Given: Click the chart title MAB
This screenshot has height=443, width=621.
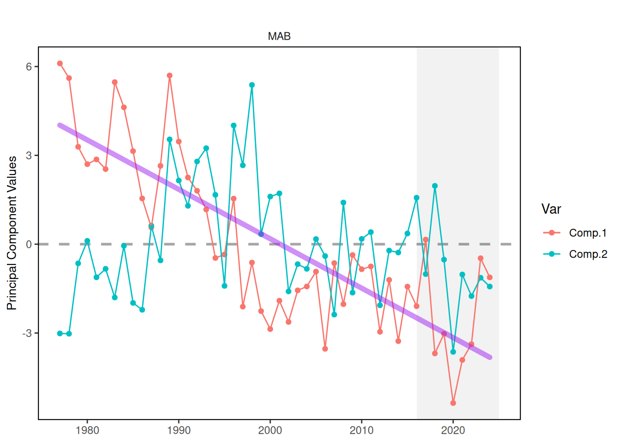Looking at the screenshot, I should tap(279, 36).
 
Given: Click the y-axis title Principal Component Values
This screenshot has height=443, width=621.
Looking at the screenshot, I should tap(12, 233).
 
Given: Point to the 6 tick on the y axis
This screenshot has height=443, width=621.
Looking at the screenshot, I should tap(29, 66).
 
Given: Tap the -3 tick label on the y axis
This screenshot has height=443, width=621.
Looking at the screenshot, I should tap(27, 333).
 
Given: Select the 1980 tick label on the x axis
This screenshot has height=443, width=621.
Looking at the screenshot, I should tap(87, 431).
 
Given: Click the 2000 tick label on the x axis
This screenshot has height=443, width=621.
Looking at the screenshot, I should tap(270, 431).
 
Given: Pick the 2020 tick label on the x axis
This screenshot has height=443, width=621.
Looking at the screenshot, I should tap(453, 431).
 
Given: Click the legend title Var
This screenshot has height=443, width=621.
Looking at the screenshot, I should tap(551, 210).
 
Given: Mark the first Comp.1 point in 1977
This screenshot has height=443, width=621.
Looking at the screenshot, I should tap(60, 64).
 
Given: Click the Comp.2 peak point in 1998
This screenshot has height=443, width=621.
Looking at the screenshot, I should tap(252, 85).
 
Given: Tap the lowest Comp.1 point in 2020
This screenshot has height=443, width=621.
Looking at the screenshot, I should tap(453, 403).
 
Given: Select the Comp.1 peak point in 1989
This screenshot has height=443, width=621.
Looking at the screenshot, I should tap(170, 75).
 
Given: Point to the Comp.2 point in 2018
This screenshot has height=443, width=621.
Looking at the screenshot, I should tap(435, 186).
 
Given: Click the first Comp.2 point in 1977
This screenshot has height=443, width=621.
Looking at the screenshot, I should tap(60, 333).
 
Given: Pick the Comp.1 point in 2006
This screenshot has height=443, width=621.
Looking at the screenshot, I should tap(325, 349).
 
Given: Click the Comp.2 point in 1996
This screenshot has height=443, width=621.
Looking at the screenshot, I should tap(234, 126).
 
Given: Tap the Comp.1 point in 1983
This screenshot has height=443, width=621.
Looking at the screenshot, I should tap(115, 82).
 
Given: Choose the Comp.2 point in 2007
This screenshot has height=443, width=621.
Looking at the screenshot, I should tap(334, 315).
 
